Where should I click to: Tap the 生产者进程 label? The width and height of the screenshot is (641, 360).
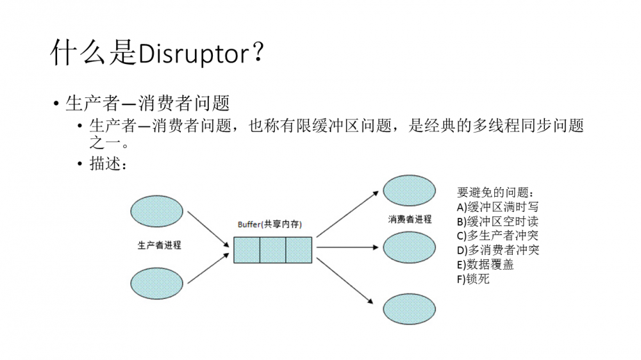(159, 245)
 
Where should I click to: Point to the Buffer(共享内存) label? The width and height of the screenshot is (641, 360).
(270, 225)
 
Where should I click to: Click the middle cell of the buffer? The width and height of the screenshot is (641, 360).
(272, 250)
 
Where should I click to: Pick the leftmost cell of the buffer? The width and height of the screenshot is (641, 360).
(246, 250)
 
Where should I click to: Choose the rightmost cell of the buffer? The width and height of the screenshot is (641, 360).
(299, 250)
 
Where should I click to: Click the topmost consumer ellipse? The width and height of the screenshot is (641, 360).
(409, 190)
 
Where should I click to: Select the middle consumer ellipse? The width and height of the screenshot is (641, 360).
(409, 247)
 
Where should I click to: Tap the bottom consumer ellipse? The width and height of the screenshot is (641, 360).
(409, 308)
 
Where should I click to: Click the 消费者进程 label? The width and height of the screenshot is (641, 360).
(410, 219)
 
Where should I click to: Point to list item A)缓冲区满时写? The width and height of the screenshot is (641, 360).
(497, 207)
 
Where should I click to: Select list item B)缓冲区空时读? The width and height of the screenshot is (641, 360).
(497, 222)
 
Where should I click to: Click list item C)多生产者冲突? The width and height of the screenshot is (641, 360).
(497, 236)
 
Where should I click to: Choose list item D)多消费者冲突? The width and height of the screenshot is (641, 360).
(497, 250)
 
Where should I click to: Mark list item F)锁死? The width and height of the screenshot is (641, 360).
(473, 279)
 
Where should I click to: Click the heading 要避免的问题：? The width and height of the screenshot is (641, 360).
(495, 193)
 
